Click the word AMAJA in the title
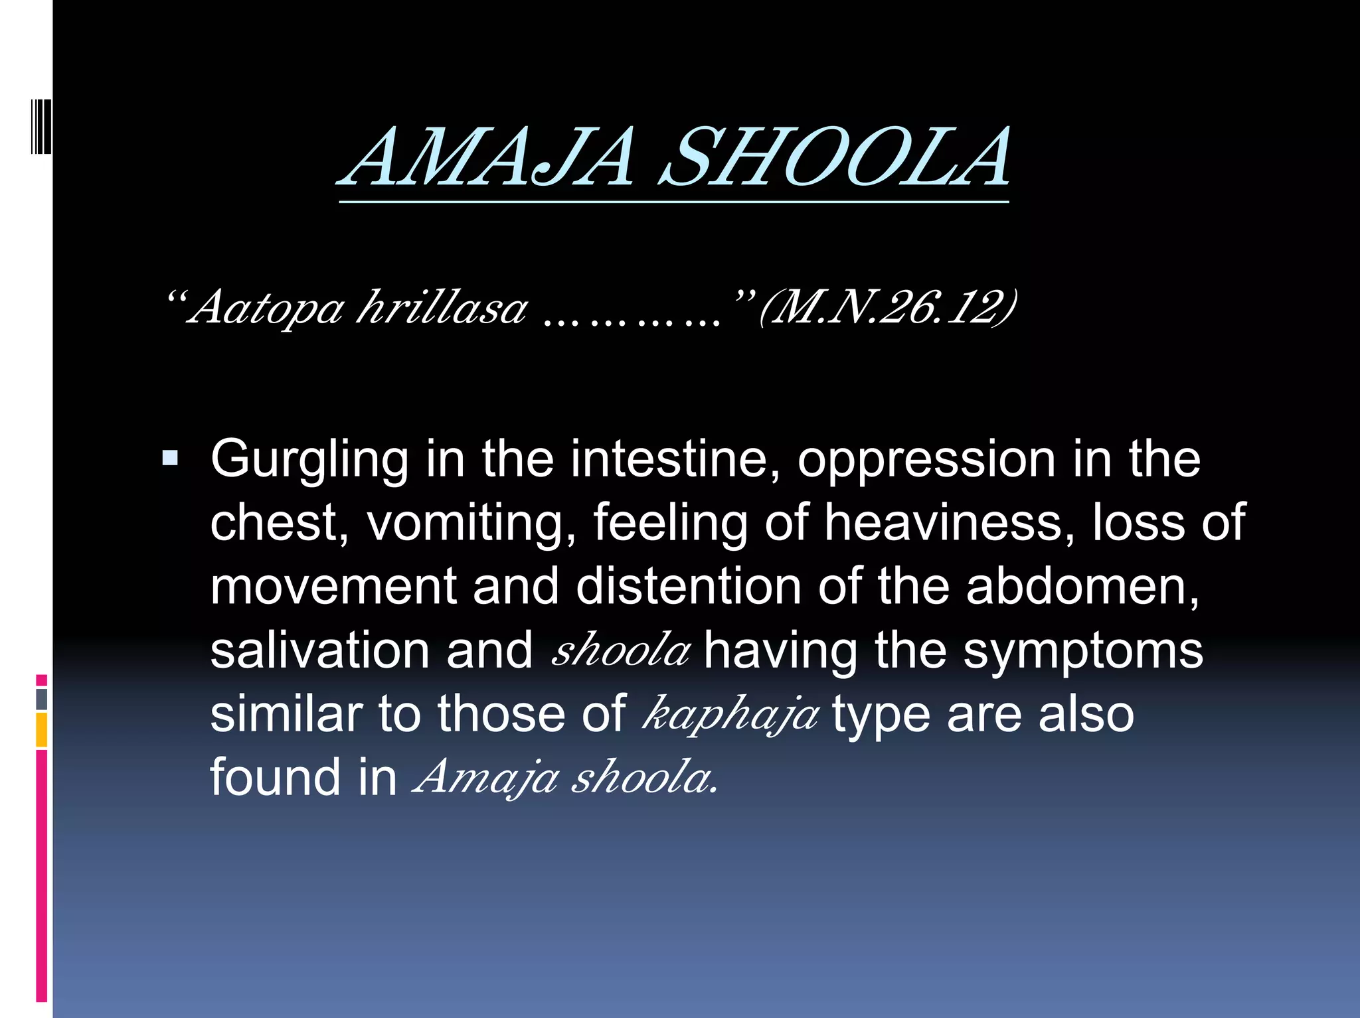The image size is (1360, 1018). tap(488, 158)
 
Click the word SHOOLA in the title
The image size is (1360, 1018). tap(835, 158)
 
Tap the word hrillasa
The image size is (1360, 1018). tap(442, 308)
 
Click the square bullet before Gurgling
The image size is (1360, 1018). tap(170, 458)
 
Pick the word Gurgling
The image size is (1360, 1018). tap(309, 459)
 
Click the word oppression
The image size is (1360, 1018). tap(926, 459)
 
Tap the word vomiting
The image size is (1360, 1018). tap(471, 523)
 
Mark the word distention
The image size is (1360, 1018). tap(688, 586)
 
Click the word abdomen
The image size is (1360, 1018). tap(1082, 586)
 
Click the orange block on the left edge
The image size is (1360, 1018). tap(41, 730)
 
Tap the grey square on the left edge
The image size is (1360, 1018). tap(41, 699)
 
